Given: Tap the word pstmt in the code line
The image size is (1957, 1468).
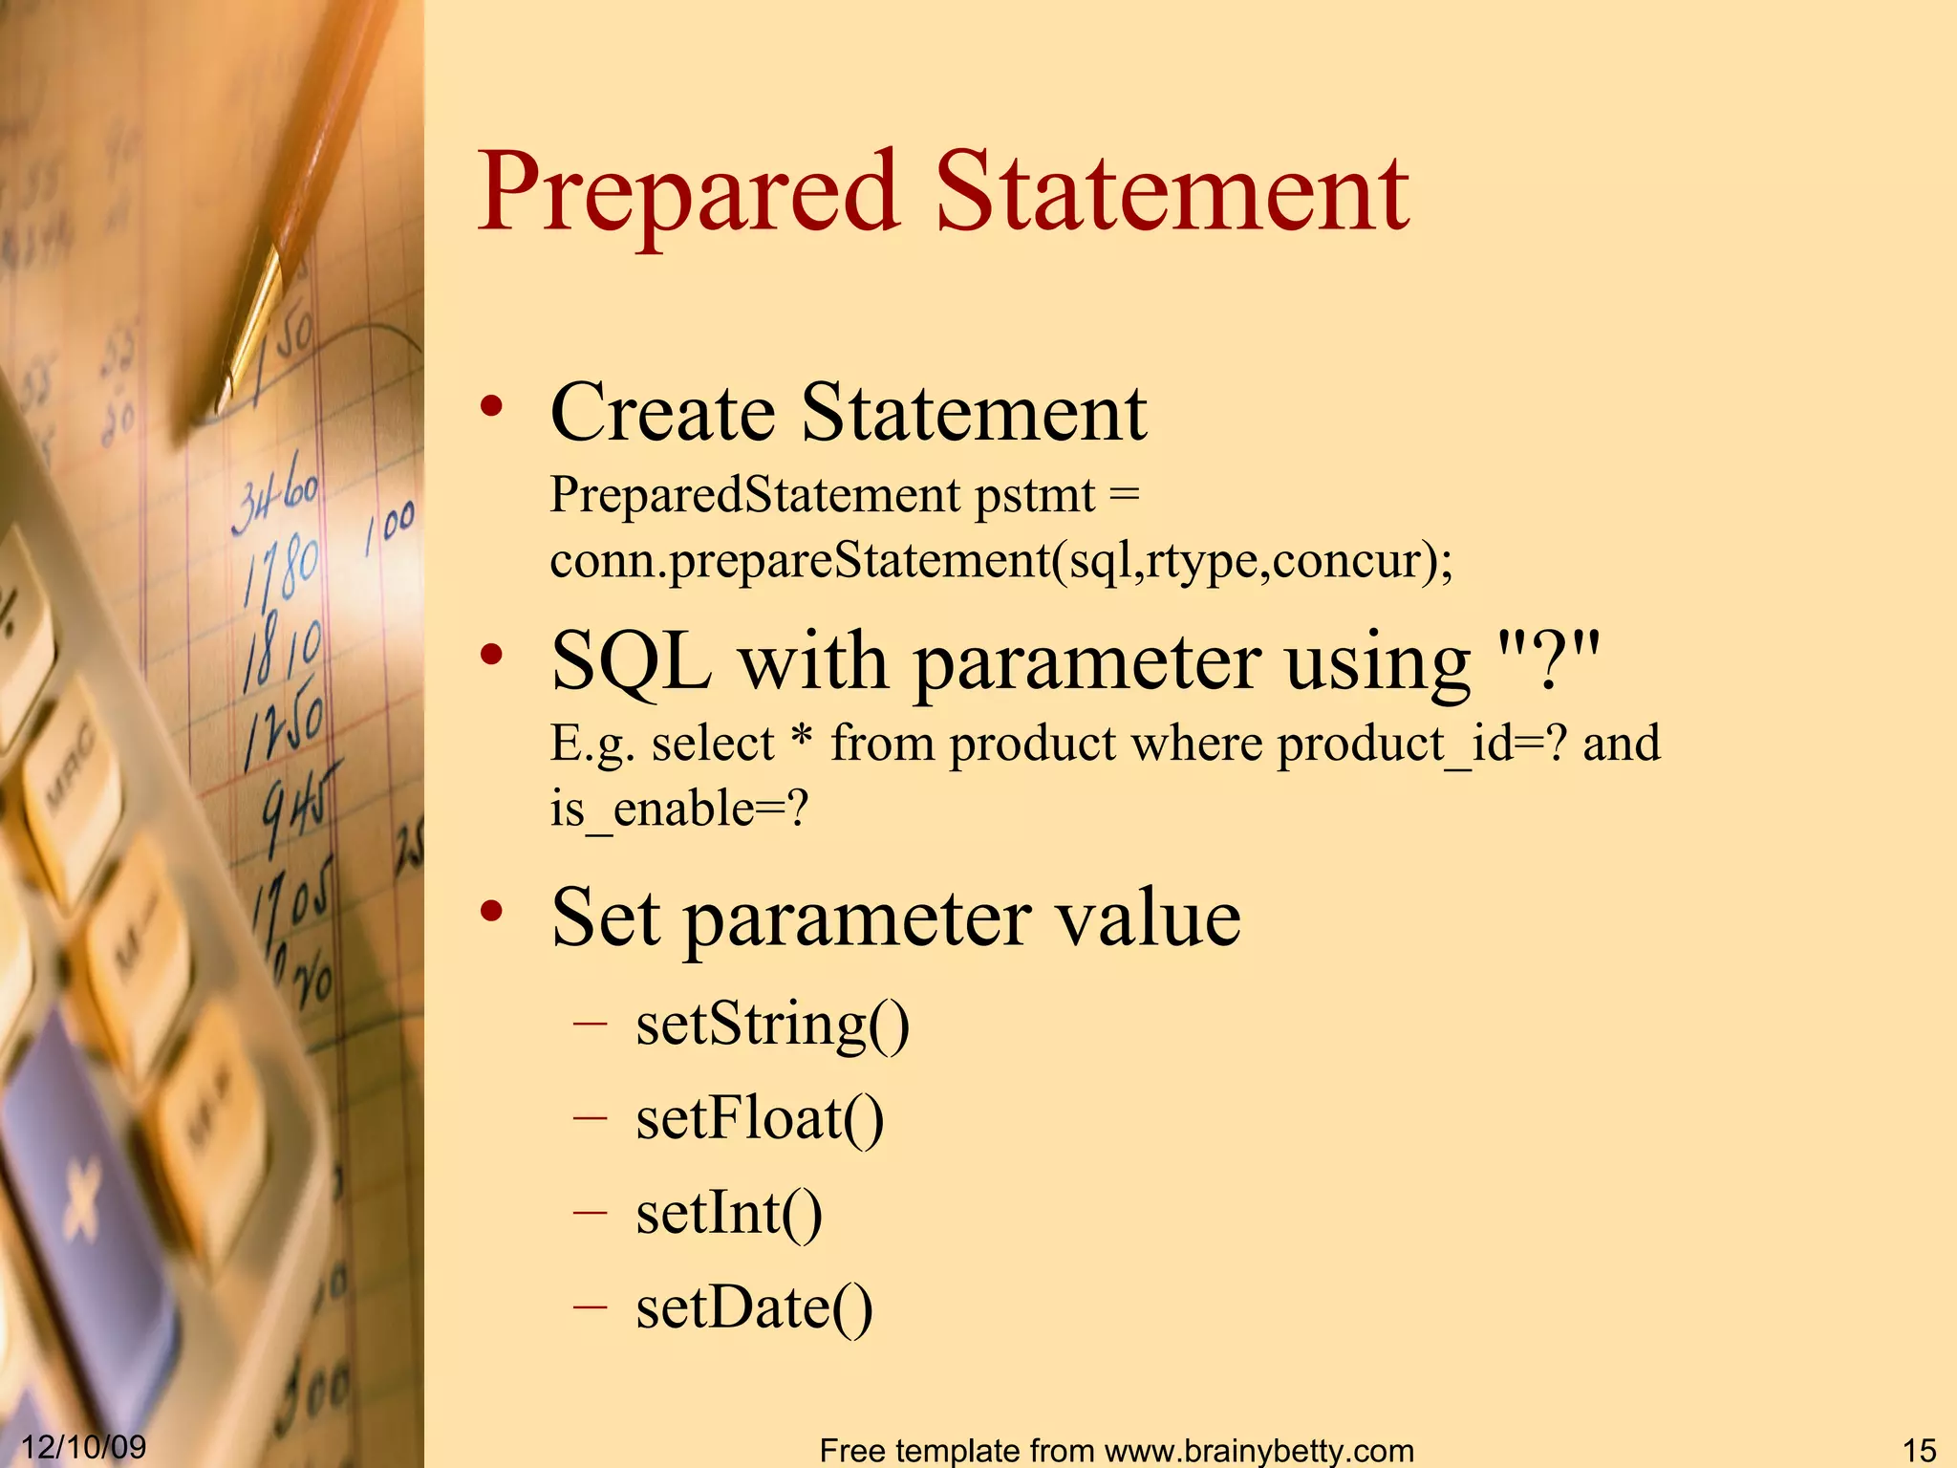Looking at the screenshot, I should point(1035,496).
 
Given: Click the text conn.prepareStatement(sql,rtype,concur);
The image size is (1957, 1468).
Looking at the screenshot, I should point(1000,560).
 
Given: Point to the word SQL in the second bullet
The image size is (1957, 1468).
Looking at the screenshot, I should point(632,661).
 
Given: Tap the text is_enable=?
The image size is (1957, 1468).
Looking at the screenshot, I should point(678,809).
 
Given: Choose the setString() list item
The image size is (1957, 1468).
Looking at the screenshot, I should point(772,1025).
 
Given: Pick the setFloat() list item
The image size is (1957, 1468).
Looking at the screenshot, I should point(760,1118).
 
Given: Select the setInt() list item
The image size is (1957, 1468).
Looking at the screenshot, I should point(728,1213).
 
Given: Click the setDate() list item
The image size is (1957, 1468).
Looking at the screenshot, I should point(754,1307).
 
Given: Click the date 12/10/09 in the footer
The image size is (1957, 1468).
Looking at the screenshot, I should point(84,1446).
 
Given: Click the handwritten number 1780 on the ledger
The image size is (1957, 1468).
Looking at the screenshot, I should point(280,569).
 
